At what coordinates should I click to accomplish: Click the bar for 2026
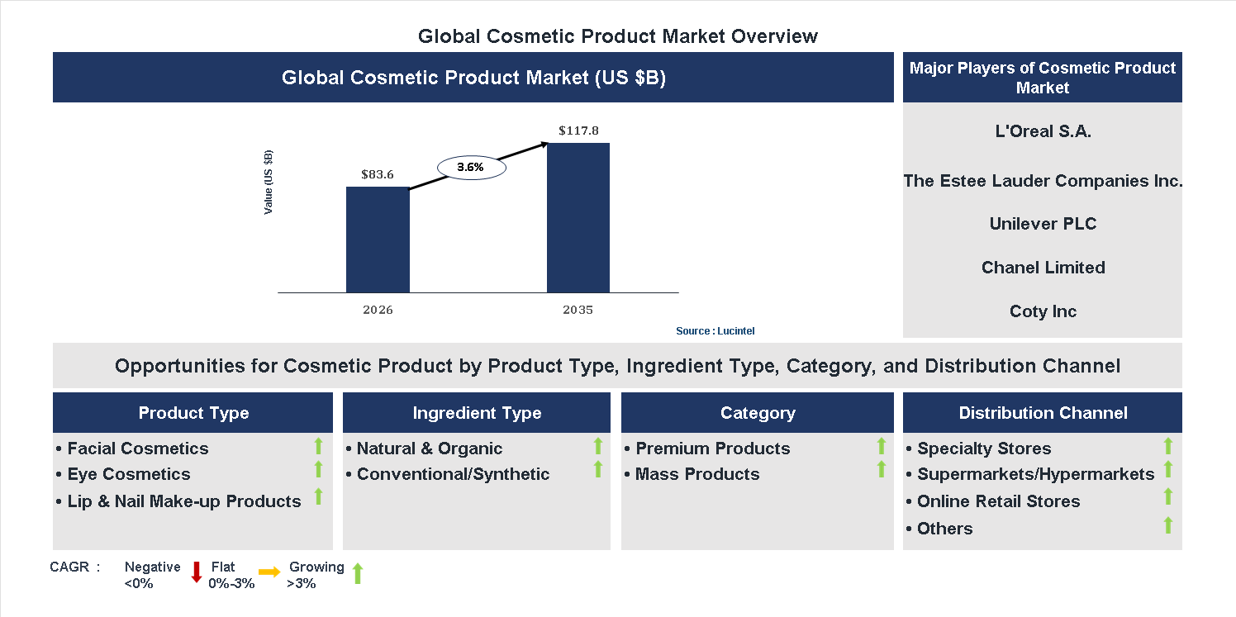pos(378,240)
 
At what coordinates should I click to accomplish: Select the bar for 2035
pos(578,218)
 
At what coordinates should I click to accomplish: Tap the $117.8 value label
pos(578,131)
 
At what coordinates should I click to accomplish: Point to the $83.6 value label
pos(378,174)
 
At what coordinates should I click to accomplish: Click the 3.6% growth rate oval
pos(470,167)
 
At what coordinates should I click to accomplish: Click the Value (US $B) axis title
pos(269,183)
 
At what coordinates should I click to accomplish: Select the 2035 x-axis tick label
pos(578,311)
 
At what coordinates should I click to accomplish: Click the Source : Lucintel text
pos(715,330)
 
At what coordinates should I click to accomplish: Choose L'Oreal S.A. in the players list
pos(1043,131)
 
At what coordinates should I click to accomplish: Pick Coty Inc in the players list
pos(1043,311)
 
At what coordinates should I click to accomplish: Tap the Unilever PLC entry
pos(1043,224)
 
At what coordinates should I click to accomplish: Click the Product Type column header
pos(193,413)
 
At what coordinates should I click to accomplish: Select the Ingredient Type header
pos(477,413)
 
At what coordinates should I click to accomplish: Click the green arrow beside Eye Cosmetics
pos(318,470)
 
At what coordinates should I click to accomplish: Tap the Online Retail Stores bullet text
pos(998,501)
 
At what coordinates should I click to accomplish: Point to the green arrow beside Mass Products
pos(882,470)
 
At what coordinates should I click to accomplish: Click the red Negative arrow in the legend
pos(197,572)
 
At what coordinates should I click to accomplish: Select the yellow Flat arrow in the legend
pos(269,572)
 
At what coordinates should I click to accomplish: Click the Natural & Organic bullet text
pos(429,449)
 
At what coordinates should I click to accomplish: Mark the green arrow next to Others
pos(1167,524)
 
